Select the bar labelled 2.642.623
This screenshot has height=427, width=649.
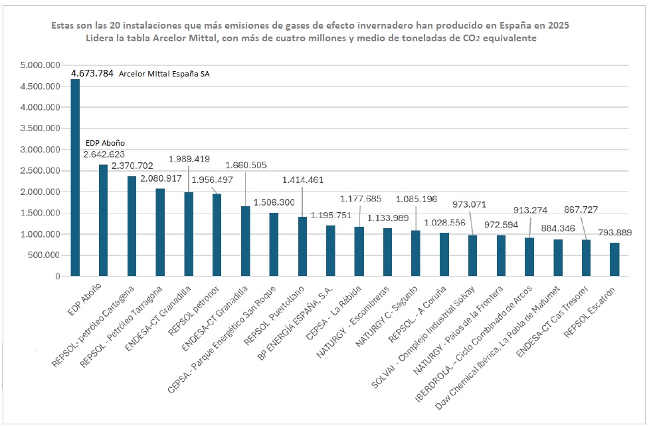pyautogui.click(x=103, y=220)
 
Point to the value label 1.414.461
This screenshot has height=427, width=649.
pyautogui.click(x=303, y=180)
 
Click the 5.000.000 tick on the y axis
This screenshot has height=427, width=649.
pyautogui.click(x=41, y=65)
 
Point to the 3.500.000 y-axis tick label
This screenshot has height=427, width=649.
pyautogui.click(x=41, y=128)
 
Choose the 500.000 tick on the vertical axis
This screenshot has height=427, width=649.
pyautogui.click(x=46, y=255)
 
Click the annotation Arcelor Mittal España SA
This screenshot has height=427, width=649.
pyautogui.click(x=163, y=74)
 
